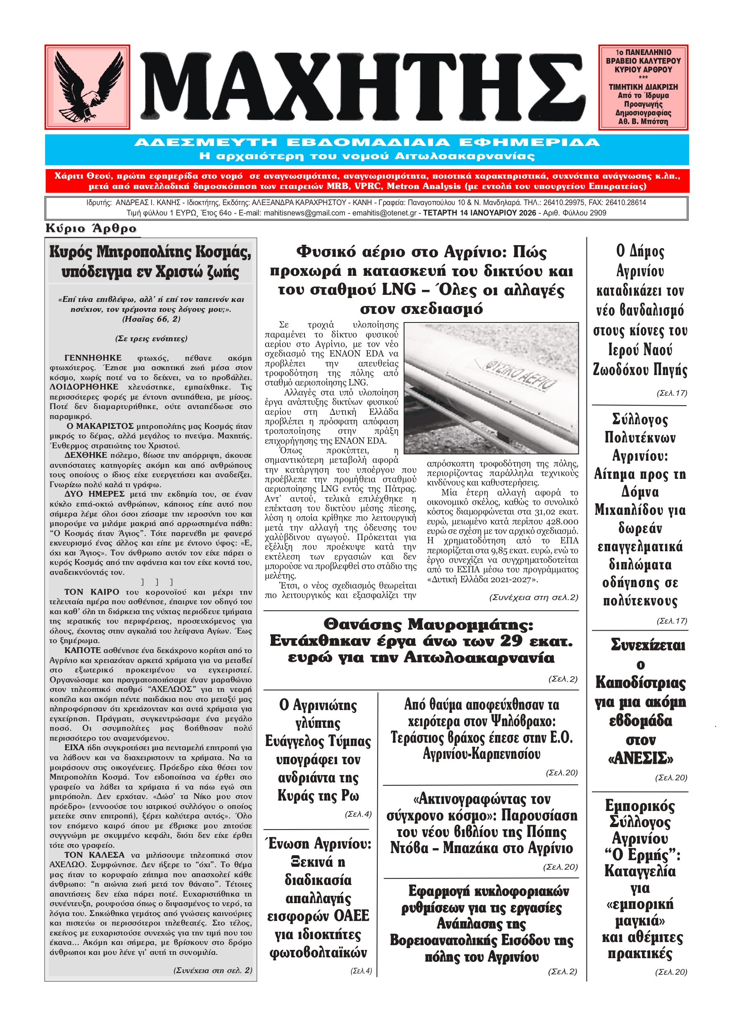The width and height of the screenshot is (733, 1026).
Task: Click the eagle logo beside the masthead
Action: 87,86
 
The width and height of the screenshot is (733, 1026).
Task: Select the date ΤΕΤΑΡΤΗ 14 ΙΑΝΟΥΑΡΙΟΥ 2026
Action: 479,213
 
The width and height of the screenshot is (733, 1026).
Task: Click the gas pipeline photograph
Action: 491,388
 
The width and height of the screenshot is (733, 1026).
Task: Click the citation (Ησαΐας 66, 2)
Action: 151,319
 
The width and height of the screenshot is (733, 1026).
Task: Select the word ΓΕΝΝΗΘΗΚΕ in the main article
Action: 93,358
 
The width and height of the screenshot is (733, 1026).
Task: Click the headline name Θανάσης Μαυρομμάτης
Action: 428,624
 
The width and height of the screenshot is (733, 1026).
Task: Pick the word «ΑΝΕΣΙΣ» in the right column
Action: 640,758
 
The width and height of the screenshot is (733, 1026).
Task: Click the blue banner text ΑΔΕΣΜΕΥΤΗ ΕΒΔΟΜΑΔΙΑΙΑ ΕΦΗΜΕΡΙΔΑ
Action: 366,143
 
